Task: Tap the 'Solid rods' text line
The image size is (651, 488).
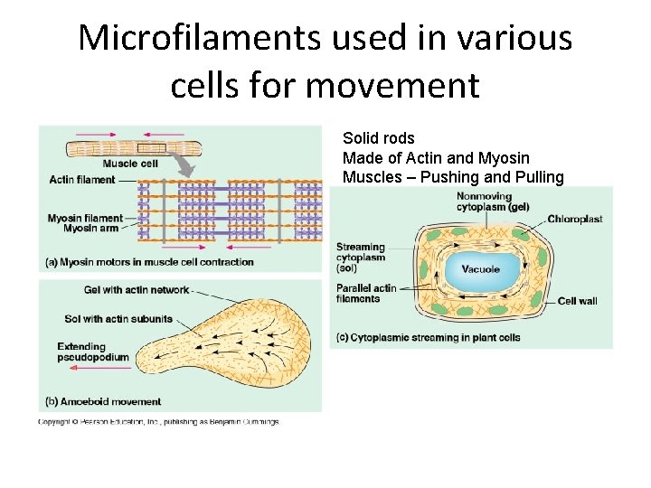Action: tap(378, 138)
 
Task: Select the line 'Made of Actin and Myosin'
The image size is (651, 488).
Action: tap(436, 158)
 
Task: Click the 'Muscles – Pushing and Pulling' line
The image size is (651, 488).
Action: tap(452, 177)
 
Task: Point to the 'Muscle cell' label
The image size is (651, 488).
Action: tap(130, 164)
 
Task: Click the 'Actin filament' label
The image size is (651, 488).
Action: tap(82, 179)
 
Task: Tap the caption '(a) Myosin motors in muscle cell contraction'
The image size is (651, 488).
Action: tap(149, 262)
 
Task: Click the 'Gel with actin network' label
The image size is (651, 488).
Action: tap(137, 290)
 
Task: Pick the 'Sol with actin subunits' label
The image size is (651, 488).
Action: tap(118, 319)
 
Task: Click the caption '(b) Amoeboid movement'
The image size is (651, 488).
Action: tap(103, 401)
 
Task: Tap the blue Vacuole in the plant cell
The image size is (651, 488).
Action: tap(480, 269)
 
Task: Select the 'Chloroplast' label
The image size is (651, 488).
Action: tap(574, 219)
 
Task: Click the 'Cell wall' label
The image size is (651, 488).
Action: tap(577, 301)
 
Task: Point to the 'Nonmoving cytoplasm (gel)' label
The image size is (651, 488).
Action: tap(492, 202)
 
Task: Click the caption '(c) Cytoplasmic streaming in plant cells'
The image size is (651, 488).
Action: tap(428, 338)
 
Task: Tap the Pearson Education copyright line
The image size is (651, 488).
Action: tap(158, 421)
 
